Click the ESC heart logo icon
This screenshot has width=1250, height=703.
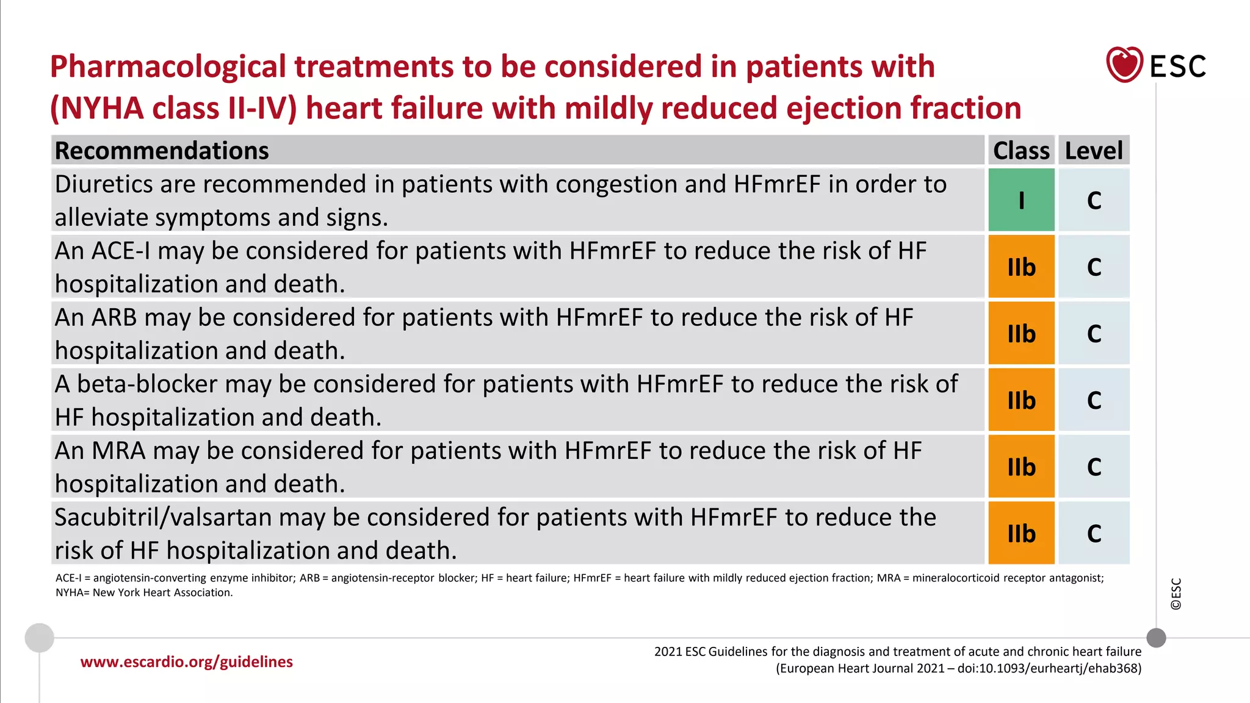pos(1124,65)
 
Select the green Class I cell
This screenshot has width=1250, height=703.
pos(1021,200)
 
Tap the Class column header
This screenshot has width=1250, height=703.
pos(1021,150)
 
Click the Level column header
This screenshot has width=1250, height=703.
pos(1093,150)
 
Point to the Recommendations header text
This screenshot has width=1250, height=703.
pos(162,151)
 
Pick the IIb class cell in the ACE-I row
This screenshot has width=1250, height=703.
pos(1021,267)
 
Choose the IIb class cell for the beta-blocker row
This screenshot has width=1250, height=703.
pos(1021,400)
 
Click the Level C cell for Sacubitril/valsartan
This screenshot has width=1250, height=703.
pos(1094,533)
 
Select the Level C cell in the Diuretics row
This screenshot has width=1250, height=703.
pos(1094,200)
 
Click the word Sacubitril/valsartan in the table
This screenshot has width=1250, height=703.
pos(163,517)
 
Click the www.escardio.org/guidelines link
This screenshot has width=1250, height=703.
pos(186,662)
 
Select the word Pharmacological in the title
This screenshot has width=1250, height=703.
pos(168,67)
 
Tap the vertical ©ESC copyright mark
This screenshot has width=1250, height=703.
pos(1176,594)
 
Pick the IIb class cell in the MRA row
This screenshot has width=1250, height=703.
pos(1021,467)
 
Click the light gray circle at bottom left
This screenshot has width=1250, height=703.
pos(40,638)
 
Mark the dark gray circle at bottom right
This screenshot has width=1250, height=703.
pos(1156,638)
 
